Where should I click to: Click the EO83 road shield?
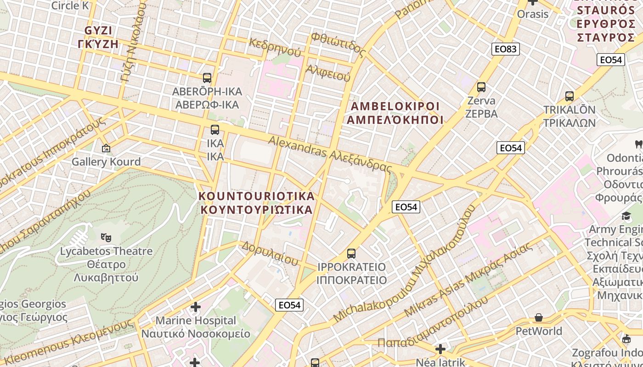click(x=506, y=49)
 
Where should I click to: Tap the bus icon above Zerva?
click(x=481, y=87)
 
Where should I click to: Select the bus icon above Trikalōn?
click(x=570, y=96)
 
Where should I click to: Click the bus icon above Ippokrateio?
click(x=351, y=253)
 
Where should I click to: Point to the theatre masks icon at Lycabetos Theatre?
click(x=106, y=237)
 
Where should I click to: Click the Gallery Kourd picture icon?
click(x=106, y=148)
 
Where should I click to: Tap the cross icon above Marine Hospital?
click(x=196, y=306)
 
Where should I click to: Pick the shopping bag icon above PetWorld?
click(x=539, y=317)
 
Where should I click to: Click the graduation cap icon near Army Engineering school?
click(x=626, y=216)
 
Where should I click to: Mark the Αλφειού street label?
click(x=328, y=72)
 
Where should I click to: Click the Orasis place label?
click(x=533, y=14)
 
